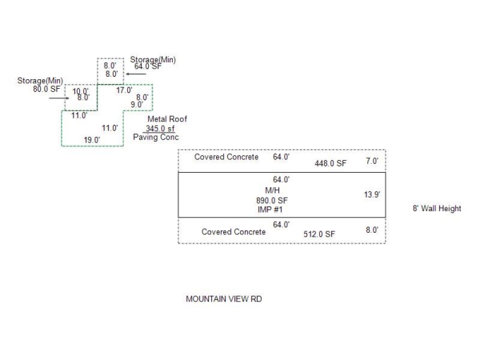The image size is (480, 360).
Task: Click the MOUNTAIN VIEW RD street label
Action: (x=224, y=299)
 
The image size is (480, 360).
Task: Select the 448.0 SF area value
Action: (x=331, y=163)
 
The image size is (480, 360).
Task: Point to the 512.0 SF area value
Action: (x=319, y=234)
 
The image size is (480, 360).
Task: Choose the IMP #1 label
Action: (x=269, y=209)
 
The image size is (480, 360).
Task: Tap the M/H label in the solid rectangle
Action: (x=273, y=190)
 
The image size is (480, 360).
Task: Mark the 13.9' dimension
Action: (x=372, y=194)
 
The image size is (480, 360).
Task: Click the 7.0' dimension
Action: (x=372, y=161)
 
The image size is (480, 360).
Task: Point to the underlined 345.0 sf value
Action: (x=159, y=128)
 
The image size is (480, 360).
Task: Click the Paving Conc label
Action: (x=156, y=137)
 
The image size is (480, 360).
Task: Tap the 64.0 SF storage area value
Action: (x=148, y=67)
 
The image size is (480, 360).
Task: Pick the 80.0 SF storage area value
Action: (x=47, y=89)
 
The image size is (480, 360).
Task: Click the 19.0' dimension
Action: (x=92, y=140)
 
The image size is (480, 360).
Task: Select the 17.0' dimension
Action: (x=124, y=91)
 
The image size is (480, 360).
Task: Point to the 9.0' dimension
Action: (x=137, y=104)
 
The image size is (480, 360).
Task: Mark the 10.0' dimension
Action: (x=80, y=91)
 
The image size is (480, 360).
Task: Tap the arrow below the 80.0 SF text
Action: (x=59, y=98)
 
